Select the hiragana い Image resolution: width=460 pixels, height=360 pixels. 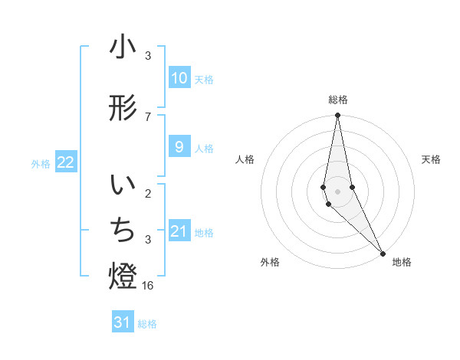pos(123,186)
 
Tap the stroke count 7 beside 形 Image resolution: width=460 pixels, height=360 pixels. pos(148,116)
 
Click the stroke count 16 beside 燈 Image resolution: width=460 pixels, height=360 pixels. pos(149,285)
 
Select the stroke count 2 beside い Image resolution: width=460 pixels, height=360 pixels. pos(148,194)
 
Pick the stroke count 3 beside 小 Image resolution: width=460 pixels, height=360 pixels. pos(148,56)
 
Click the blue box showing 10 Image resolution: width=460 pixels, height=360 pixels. pos(179,77)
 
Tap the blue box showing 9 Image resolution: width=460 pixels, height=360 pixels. pos(179,147)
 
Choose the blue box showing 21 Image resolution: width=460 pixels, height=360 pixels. pos(179,231)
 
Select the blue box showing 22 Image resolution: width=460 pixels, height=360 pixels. pos(66,162)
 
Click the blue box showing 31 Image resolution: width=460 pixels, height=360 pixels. pos(123,322)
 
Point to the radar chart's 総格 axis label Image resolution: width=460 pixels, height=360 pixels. pos(337,100)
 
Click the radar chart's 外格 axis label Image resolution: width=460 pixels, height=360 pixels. pos(270,262)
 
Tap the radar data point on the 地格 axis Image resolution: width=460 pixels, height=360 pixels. pos(383,253)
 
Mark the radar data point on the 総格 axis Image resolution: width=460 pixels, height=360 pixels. pos(337,116)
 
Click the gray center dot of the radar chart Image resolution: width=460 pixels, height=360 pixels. pos(337,191)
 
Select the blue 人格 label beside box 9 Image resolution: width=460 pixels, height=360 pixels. pos(204,148)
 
